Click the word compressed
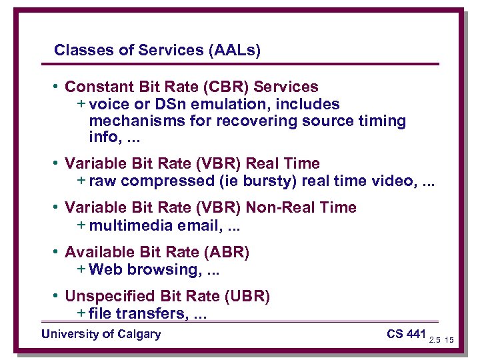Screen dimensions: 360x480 156,180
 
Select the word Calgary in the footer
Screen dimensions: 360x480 139,334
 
